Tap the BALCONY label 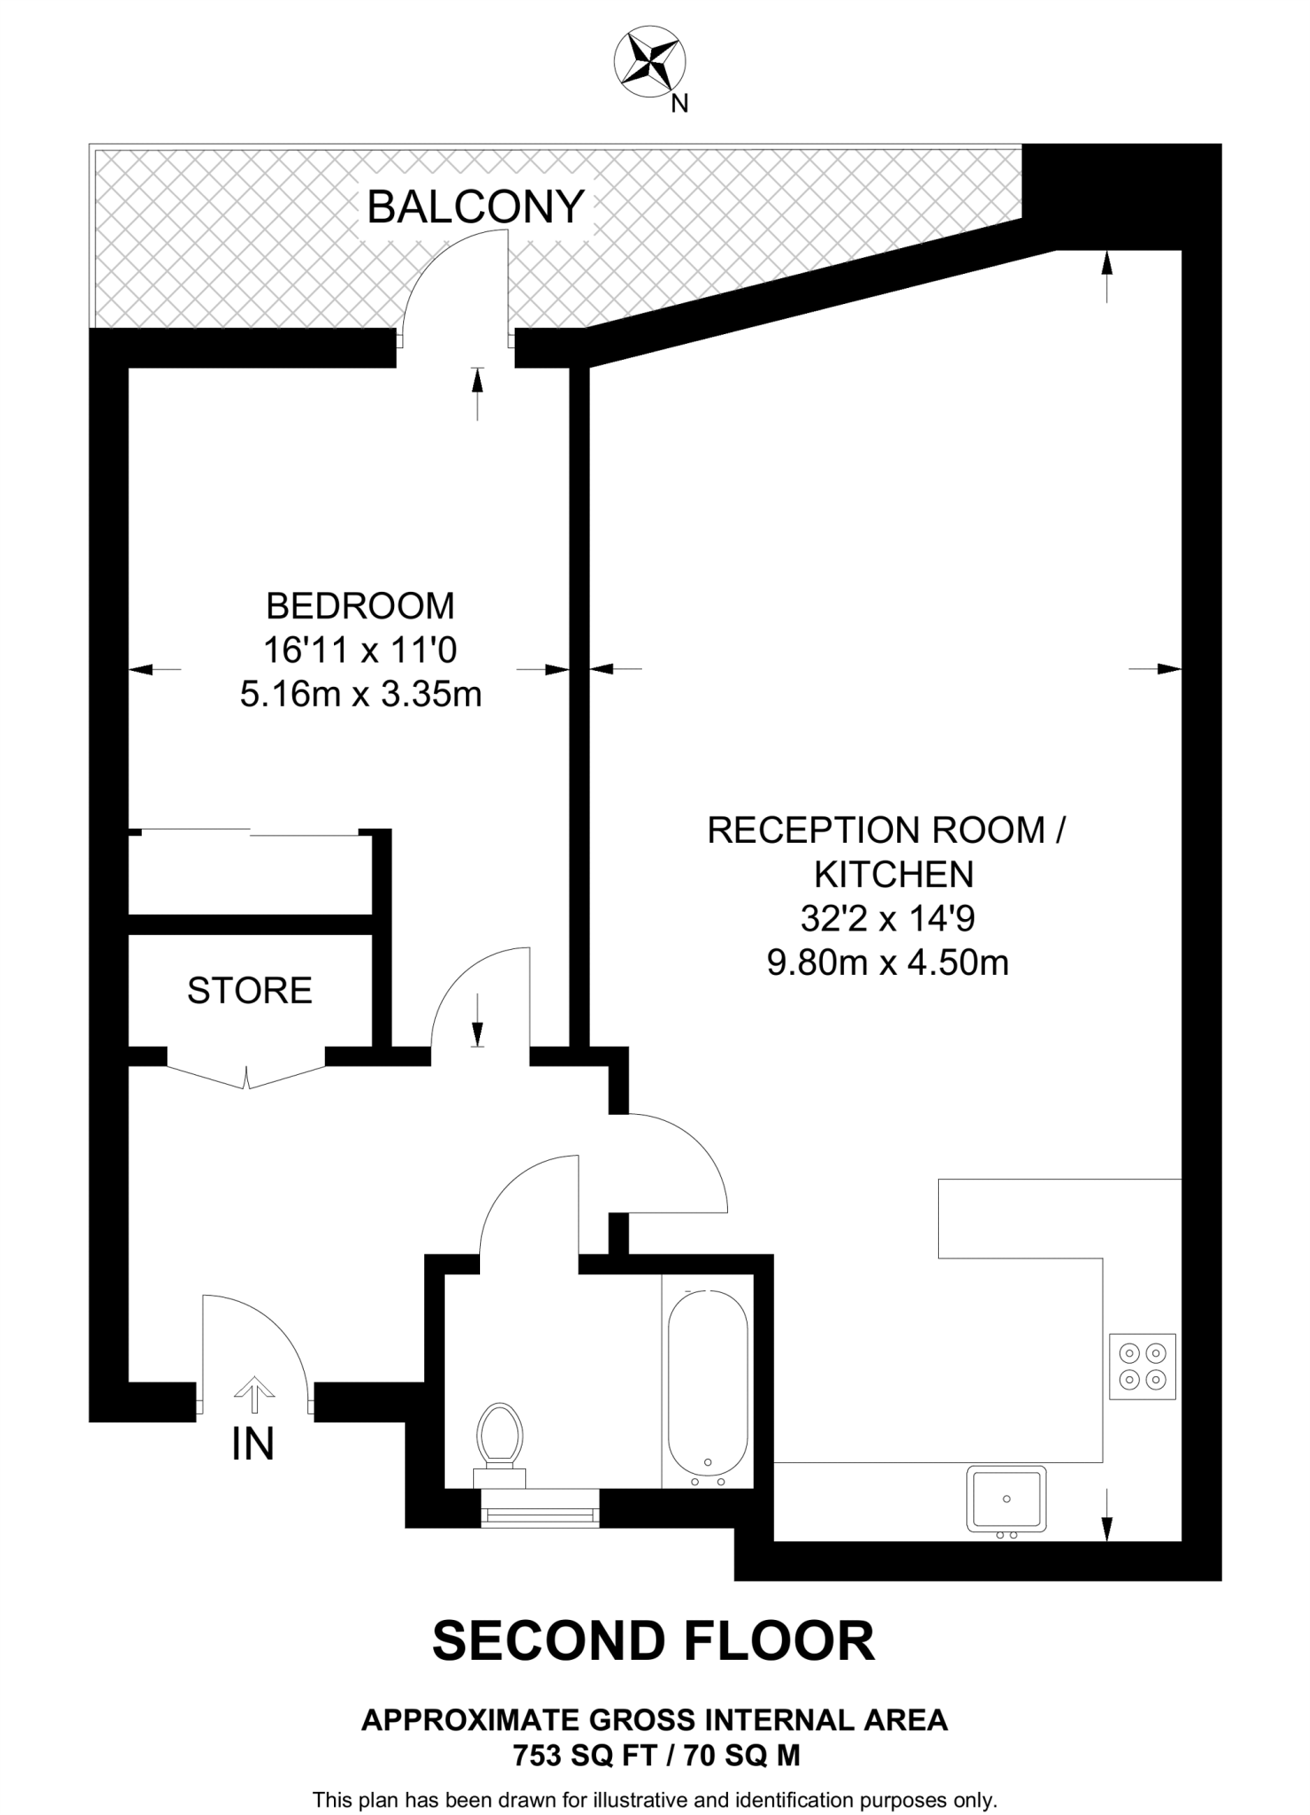[476, 207]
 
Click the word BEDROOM [360, 606]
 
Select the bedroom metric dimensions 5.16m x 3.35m [360, 694]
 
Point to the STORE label [250, 991]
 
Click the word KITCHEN [894, 875]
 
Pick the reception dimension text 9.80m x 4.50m [888, 962]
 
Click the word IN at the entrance [253, 1445]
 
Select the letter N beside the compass [679, 104]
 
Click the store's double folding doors [246, 1075]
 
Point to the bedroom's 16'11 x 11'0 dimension [360, 650]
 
